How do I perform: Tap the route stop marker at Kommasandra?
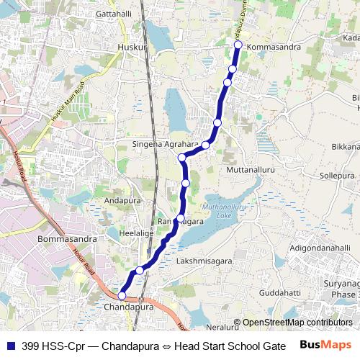(x=238, y=45)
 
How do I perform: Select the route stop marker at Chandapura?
(x=122, y=296)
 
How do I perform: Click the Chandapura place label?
(x=129, y=307)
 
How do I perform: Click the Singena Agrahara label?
(x=165, y=144)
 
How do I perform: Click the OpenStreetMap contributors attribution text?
(x=297, y=323)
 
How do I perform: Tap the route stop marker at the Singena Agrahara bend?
(x=182, y=157)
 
